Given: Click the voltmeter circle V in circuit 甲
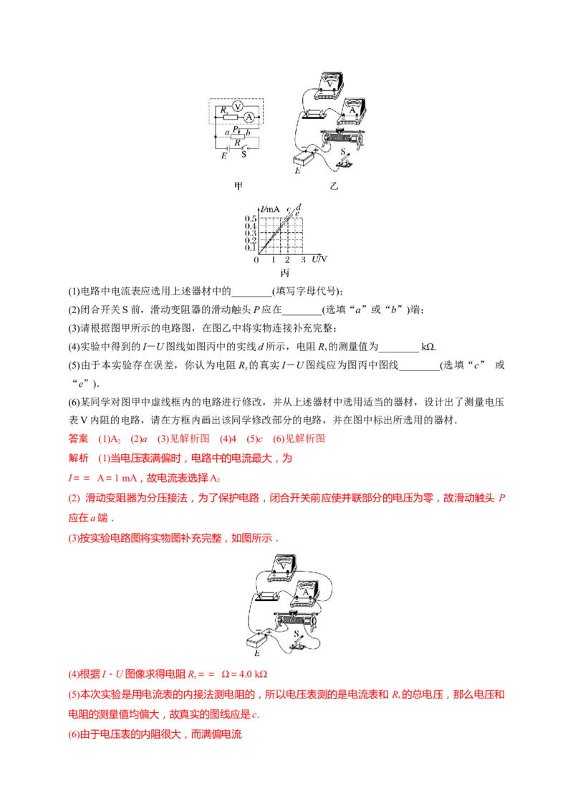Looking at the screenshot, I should (x=239, y=105).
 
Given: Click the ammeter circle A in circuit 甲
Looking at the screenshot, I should (x=249, y=117).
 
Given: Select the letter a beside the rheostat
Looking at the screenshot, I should (x=226, y=133).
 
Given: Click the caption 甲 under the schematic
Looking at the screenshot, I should (x=239, y=185).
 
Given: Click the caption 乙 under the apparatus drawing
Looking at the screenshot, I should (x=334, y=186).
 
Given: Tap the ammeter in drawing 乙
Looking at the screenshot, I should (x=351, y=110).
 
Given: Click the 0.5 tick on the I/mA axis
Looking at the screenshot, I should (x=251, y=218).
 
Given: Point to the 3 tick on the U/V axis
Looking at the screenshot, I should (x=303, y=259).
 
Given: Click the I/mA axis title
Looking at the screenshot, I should (x=271, y=208).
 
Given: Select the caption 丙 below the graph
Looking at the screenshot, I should (x=284, y=272).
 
